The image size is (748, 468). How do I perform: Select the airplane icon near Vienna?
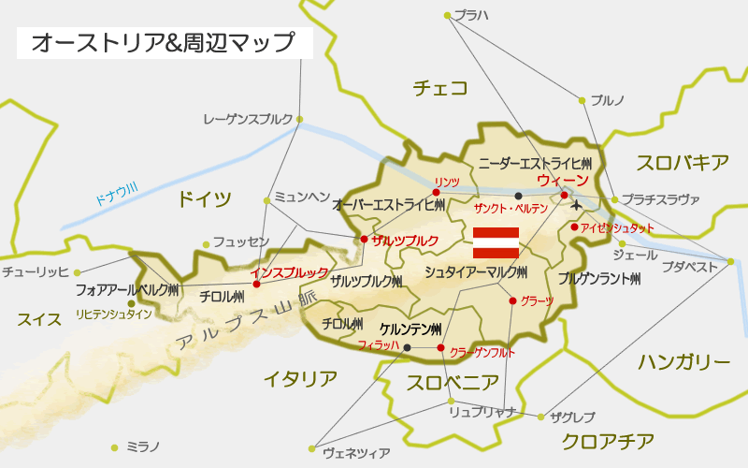[576, 204]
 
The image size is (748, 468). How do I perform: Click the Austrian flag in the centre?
[496, 242]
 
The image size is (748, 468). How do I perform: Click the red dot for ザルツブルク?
[364, 240]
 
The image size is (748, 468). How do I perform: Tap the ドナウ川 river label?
[116, 197]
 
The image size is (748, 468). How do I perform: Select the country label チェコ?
[439, 88]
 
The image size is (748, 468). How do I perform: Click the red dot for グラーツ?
[511, 300]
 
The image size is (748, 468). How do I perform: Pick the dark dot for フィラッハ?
[407, 348]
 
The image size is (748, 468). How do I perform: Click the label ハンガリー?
[684, 362]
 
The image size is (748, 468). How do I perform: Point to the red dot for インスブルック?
[255, 284]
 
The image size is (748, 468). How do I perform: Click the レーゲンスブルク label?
[248, 119]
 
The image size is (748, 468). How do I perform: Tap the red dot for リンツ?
[437, 193]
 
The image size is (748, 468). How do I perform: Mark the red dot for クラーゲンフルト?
[440, 348]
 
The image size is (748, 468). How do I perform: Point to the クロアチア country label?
[609, 441]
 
